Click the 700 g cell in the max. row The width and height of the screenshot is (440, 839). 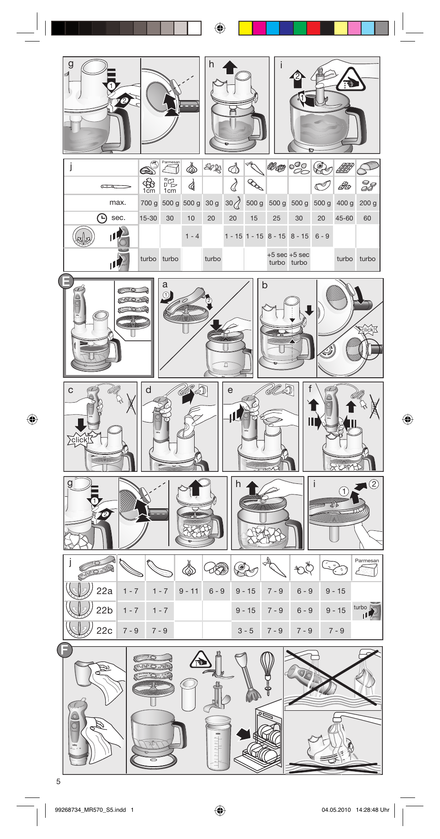[149, 203]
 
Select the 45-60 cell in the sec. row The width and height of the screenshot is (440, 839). [344, 218]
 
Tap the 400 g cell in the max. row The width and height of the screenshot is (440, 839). [345, 203]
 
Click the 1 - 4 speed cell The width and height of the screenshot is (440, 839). [192, 236]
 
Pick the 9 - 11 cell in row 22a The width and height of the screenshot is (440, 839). [189, 591]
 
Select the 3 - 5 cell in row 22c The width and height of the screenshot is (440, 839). [245, 631]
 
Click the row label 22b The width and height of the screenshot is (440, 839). [104, 610]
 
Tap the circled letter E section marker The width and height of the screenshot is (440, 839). [66, 281]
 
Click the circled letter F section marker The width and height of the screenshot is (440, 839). [65, 650]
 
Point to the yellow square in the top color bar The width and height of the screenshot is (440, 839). [245, 29]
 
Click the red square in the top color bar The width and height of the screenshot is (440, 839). [313, 29]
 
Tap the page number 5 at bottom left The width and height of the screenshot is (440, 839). [59, 781]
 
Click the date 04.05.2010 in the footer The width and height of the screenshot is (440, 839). [336, 809]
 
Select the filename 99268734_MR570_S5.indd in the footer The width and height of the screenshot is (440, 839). [90, 809]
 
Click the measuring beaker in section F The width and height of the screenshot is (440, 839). [218, 742]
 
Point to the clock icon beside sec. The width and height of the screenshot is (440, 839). [102, 218]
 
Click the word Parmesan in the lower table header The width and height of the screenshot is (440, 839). [367, 561]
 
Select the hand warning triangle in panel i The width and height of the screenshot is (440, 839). [351, 80]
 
